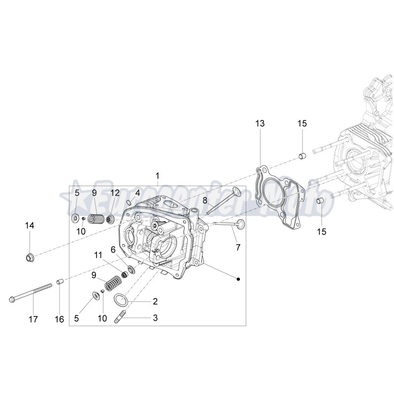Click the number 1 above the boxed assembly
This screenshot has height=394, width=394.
pyautogui.click(x=158, y=176)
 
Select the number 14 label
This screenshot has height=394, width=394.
pyautogui.click(x=30, y=226)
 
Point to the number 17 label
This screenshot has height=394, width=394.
pyautogui.click(x=33, y=319)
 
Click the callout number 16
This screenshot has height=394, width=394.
pyautogui.click(x=59, y=319)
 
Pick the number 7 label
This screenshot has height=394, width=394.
pyautogui.click(x=238, y=247)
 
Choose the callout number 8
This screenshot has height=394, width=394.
pyautogui.click(x=205, y=200)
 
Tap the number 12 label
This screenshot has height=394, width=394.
pyautogui.click(x=114, y=193)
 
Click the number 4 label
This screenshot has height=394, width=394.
pyautogui.click(x=138, y=193)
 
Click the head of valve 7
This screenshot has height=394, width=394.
pyautogui.click(x=240, y=224)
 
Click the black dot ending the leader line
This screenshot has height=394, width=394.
pyautogui.click(x=238, y=279)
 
